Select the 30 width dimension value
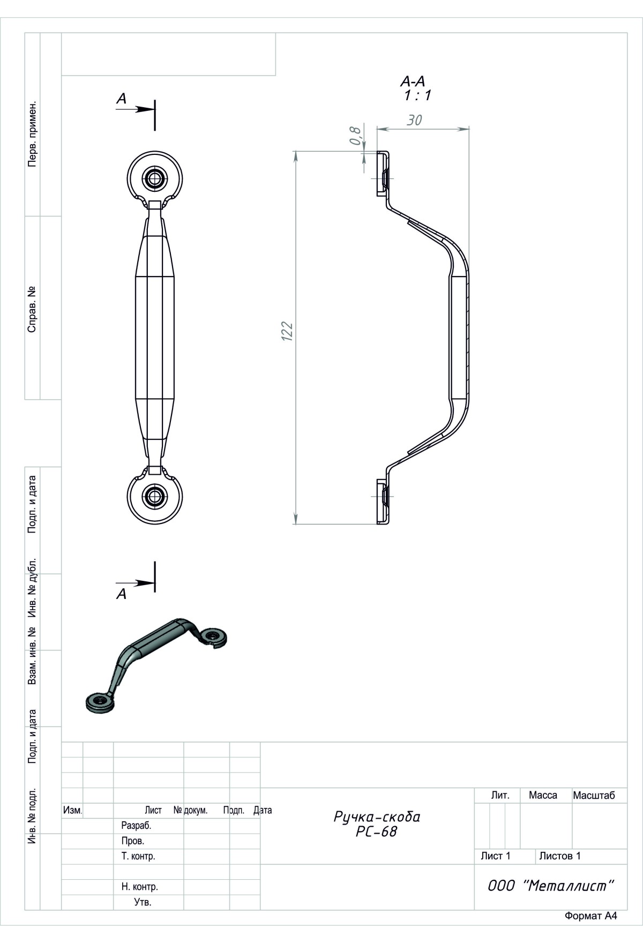click(x=414, y=120)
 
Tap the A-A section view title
click(x=413, y=81)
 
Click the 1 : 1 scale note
click(x=417, y=95)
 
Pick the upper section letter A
click(x=122, y=99)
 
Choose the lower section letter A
click(x=122, y=594)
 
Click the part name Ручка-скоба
click(x=377, y=817)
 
